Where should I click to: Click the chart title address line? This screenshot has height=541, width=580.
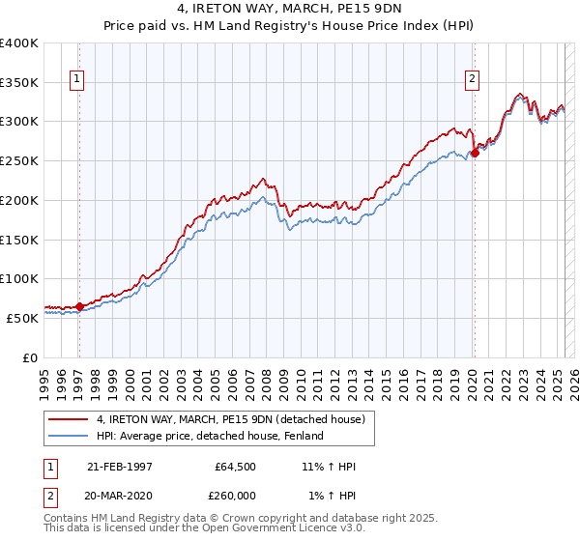pyautogui.click(x=289, y=11)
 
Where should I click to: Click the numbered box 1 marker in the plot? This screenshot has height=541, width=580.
pyautogui.click(x=76, y=80)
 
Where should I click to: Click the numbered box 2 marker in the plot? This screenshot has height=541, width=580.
pyautogui.click(x=473, y=80)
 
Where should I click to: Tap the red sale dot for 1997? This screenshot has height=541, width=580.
pyautogui.click(x=79, y=306)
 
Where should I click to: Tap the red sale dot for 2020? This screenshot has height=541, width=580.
pyautogui.click(x=475, y=153)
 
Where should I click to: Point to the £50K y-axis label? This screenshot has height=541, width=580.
pyautogui.click(x=23, y=317)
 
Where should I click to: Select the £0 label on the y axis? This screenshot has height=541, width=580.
pyautogui.click(x=31, y=356)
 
